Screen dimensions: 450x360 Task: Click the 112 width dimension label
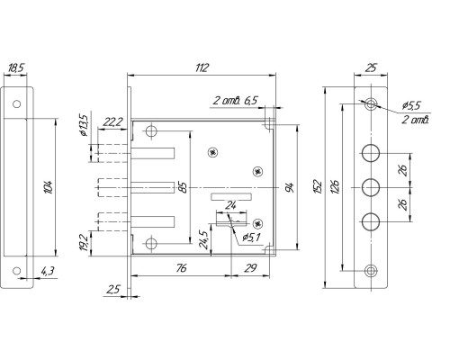click(x=202, y=67)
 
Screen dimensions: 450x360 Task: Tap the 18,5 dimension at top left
click(x=15, y=68)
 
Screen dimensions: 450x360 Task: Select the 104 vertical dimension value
click(x=49, y=187)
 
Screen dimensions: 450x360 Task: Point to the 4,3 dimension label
click(x=48, y=271)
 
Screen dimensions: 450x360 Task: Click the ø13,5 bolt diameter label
click(x=83, y=125)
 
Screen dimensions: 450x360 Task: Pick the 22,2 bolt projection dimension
click(x=112, y=122)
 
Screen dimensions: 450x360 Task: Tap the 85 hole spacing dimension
click(x=184, y=188)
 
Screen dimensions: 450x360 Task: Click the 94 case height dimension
click(x=290, y=187)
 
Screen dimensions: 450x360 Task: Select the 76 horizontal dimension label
click(x=181, y=268)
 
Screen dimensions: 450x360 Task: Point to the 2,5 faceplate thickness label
click(x=113, y=290)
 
